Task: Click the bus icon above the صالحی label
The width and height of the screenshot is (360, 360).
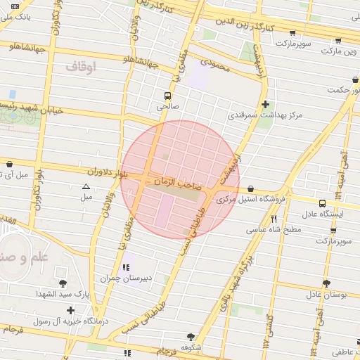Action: pyautogui.click(x=167, y=96)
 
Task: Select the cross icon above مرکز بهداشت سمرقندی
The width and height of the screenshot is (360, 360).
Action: pyautogui.click(x=264, y=104)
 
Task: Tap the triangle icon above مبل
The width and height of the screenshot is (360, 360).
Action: pyautogui.click(x=86, y=187)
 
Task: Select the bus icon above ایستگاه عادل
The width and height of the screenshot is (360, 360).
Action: pyautogui.click(x=322, y=202)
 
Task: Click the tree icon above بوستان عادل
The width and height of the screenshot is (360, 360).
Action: pyautogui.click(x=326, y=283)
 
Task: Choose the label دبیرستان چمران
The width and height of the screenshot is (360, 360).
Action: pyautogui.click(x=127, y=278)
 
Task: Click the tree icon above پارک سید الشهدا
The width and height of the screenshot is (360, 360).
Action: pyautogui.click(x=63, y=283)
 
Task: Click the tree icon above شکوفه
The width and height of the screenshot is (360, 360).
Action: pyautogui.click(x=190, y=337)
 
